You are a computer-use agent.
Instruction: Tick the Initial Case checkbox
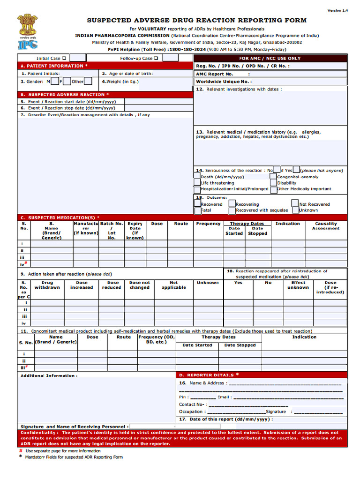pos(64,58)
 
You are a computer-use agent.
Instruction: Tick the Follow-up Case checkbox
pos(156,58)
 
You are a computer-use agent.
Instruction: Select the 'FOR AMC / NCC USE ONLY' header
pos(270,58)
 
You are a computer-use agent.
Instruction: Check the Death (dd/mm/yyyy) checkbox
pos(197,177)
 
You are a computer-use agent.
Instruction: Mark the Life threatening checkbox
pos(197,183)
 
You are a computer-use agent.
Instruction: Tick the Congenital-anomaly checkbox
pos(274,177)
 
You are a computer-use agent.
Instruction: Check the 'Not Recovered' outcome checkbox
pos(295,203)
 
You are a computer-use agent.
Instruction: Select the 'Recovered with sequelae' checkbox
pos(232,210)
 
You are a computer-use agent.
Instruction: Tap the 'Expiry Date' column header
pos(135,231)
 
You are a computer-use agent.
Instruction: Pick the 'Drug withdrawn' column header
pos(47,285)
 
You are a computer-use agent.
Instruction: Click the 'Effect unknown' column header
pos(298,285)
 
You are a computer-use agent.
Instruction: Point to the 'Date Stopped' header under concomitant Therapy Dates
pos(240,345)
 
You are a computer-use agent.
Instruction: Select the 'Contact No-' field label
pos(192,404)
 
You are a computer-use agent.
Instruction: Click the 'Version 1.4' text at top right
pos(337,10)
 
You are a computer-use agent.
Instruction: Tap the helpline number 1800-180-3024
pos(187,49)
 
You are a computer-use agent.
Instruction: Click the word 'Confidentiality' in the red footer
pos(39,433)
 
